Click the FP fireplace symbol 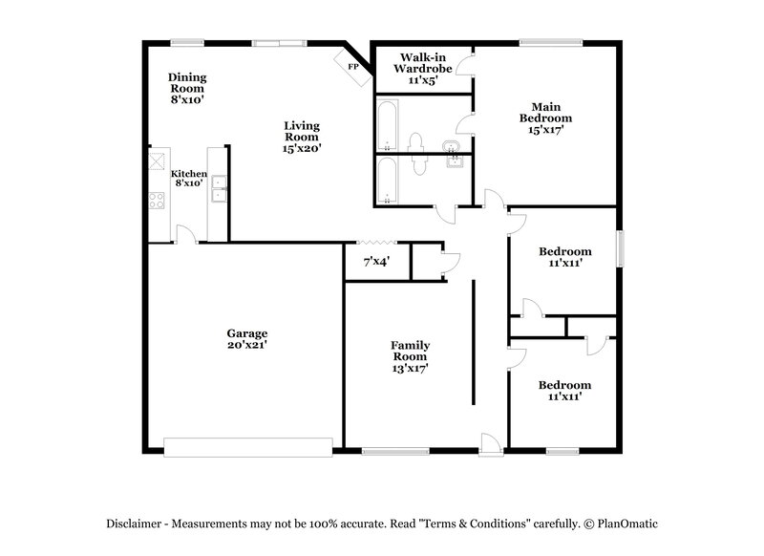[x=351, y=67]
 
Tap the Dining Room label [x=187, y=87]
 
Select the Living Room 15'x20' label [x=302, y=136]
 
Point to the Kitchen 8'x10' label [x=188, y=178]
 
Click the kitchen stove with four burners [x=156, y=201]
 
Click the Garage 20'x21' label [x=246, y=338]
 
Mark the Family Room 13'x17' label [x=410, y=356]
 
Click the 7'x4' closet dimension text [x=376, y=261]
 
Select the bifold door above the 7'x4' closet [x=376, y=243]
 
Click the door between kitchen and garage [x=186, y=236]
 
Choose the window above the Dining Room [x=187, y=41]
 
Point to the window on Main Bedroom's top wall [x=550, y=41]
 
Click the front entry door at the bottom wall [x=490, y=443]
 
